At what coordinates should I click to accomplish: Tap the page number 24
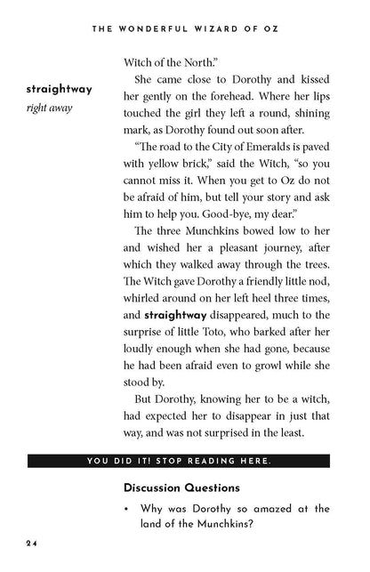[x=31, y=543]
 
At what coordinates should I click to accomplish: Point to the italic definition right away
[x=50, y=109]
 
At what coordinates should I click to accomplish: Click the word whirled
[x=141, y=319]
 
